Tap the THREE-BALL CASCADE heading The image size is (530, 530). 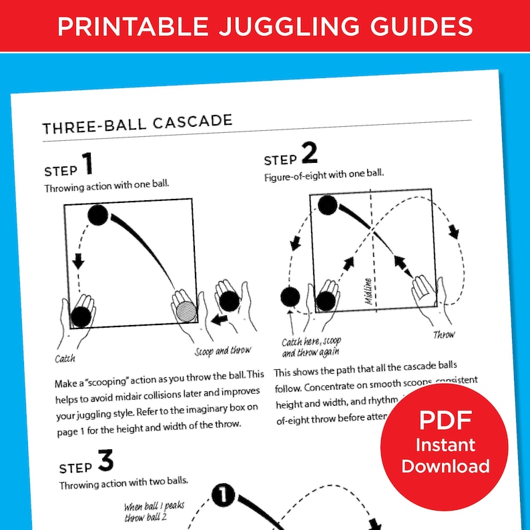pos(137,123)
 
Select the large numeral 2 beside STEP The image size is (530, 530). pos(309,156)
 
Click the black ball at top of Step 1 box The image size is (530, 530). pos(98,215)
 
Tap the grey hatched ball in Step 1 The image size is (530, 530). pos(186,312)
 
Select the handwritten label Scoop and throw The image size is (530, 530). pos(222,351)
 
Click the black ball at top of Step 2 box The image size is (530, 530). pos(327,205)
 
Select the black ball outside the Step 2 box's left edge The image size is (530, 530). pos(290,296)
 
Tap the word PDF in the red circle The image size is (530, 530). pos(445,421)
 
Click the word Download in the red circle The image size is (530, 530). pos(445,466)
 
